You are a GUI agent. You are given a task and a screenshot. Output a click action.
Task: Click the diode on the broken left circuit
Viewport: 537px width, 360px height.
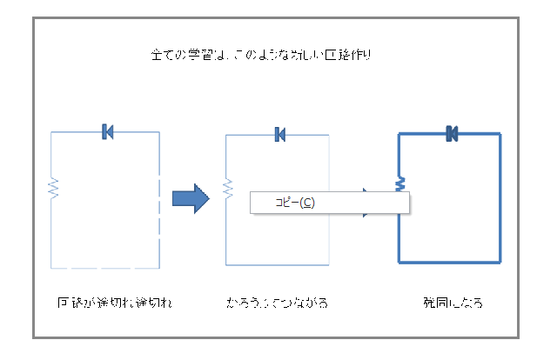(107, 131)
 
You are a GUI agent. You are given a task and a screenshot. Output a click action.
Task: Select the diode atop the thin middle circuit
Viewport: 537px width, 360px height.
(279, 134)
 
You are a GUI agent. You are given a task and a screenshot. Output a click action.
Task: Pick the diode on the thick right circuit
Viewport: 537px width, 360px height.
(452, 133)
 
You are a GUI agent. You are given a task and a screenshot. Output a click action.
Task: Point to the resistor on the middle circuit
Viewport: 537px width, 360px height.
(227, 188)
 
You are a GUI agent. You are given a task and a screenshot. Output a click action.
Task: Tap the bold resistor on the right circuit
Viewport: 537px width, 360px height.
(400, 184)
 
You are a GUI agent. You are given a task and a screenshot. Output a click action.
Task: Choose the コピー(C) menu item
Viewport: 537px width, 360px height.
(295, 203)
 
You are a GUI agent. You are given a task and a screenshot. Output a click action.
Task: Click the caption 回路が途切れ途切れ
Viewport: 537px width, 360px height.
(109, 303)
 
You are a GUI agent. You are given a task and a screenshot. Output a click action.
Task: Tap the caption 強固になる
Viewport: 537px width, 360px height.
(453, 303)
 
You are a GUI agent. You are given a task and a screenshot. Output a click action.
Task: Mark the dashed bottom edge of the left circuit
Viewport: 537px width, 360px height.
(104, 264)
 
